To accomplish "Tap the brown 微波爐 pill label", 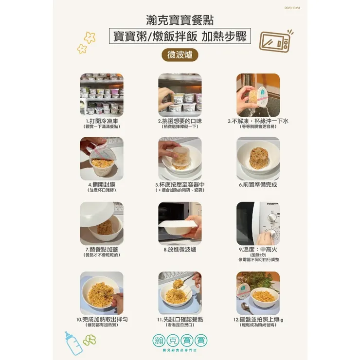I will (x=180, y=54).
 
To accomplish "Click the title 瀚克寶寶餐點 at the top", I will (x=180, y=21).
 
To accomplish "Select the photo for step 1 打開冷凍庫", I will (x=102, y=95).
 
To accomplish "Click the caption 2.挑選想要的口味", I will (x=180, y=121).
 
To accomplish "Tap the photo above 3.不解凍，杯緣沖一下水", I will (x=258, y=95).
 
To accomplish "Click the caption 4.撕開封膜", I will (x=102, y=185).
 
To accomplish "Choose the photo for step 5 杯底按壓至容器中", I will (x=180, y=159).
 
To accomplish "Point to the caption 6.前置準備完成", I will (x=258, y=185).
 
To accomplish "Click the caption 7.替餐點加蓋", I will (x=102, y=249).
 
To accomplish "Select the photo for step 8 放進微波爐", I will (x=180, y=223).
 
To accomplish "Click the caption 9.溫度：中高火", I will (x=258, y=249).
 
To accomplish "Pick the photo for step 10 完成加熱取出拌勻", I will (x=102, y=293).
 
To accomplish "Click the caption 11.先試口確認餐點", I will (x=180, y=319).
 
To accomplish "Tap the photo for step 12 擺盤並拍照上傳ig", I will (x=258, y=293).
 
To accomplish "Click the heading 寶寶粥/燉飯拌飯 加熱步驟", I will (x=180, y=37).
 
